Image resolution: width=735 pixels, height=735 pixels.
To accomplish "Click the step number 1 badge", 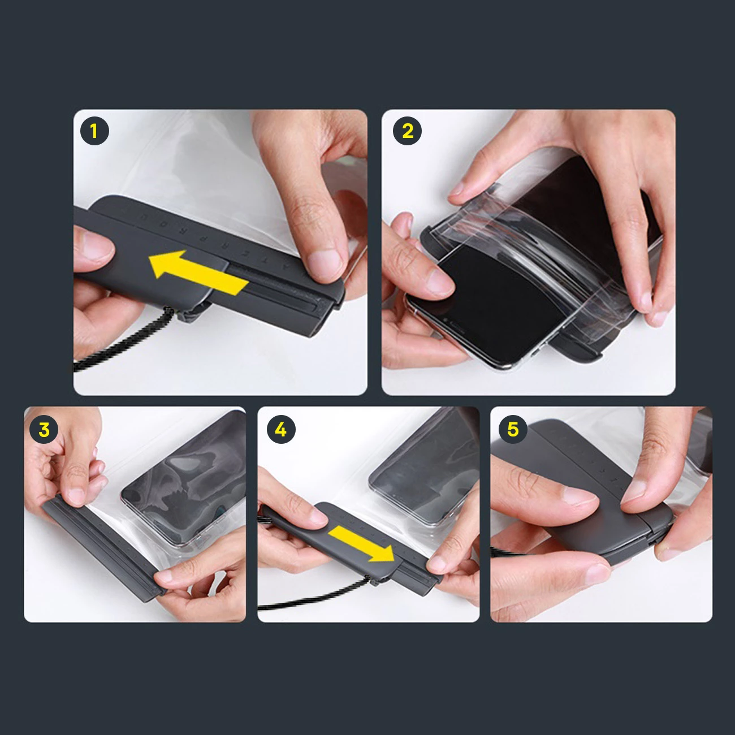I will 94,132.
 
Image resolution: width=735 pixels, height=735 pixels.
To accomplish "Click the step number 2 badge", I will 408,131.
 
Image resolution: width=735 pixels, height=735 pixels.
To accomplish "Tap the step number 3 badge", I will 44,430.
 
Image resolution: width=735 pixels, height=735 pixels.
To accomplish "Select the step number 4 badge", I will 280,430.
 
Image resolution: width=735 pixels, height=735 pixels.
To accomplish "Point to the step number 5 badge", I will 512,430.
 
